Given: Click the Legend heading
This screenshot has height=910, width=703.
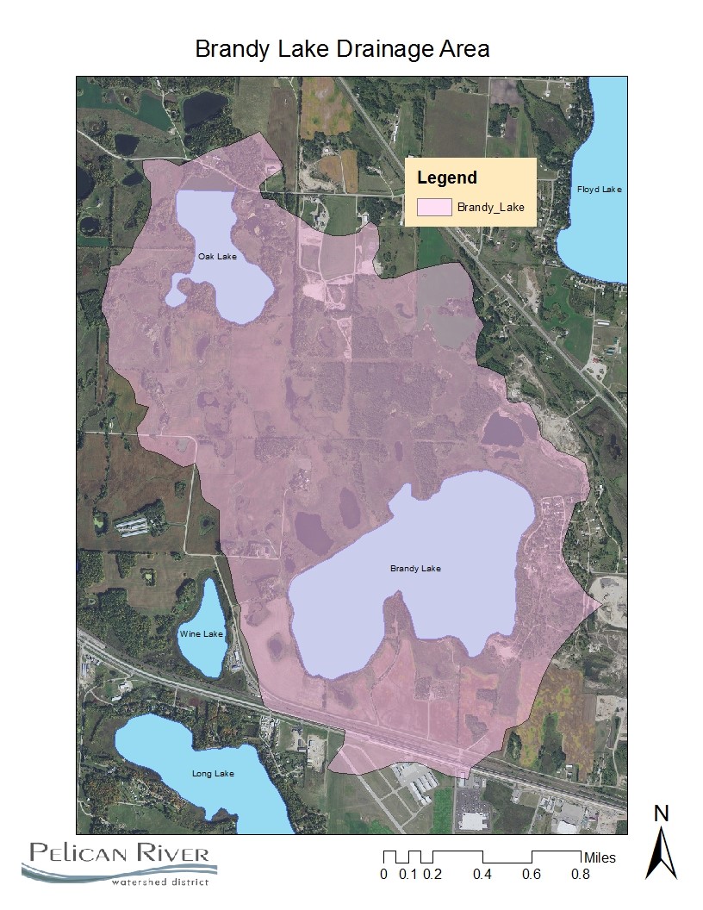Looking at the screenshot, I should click(x=446, y=178).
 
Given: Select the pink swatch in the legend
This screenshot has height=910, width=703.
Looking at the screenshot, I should click(x=434, y=207).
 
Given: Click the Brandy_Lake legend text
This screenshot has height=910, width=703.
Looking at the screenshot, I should click(x=490, y=208).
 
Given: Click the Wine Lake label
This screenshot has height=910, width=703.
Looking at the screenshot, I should click(x=202, y=634).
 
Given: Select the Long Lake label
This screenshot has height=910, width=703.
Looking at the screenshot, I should click(x=213, y=774).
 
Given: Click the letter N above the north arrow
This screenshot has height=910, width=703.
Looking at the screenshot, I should click(x=662, y=813).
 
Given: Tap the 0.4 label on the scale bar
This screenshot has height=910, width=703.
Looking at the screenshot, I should click(x=482, y=875).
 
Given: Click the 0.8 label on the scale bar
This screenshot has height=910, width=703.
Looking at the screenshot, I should click(x=581, y=875).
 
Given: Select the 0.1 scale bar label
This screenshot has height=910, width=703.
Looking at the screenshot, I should click(x=408, y=875).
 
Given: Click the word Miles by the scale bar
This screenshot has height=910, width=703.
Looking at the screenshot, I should click(x=600, y=858).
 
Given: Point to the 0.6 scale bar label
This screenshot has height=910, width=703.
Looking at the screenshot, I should click(x=532, y=875).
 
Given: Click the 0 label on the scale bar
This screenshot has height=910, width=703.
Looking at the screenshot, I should click(x=383, y=875).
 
